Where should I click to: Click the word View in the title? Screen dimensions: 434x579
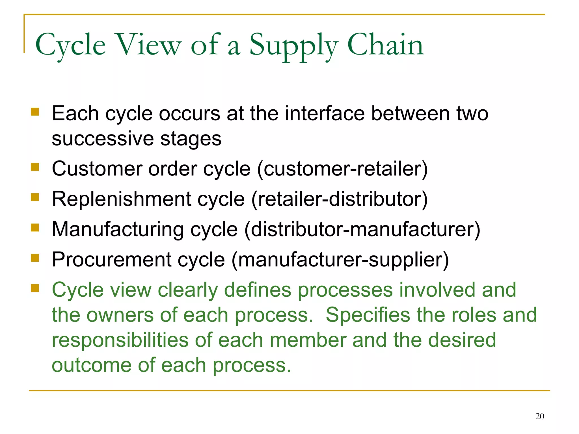pos(149,45)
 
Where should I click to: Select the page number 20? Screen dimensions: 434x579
pos(539,416)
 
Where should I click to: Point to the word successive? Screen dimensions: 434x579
pos(103,139)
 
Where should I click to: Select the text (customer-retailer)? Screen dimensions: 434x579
pos(342,169)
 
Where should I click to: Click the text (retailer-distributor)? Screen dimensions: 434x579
pos(339,199)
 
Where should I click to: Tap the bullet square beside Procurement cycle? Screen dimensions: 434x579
pos(35,258)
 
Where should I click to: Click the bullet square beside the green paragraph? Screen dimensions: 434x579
pos(35,288)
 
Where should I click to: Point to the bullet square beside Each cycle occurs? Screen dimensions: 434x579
pos(35,112)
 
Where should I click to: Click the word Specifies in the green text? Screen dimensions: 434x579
pos(368,315)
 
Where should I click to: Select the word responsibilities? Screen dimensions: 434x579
pos(120,340)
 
